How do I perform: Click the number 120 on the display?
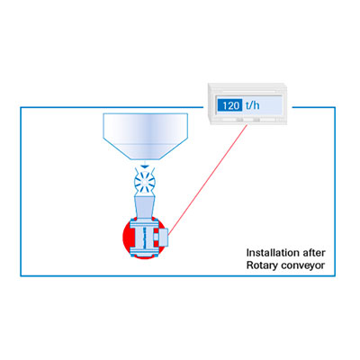click(231, 105)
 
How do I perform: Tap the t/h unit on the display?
click(252, 105)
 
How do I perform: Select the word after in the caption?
click(314, 253)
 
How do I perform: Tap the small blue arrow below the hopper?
click(145, 166)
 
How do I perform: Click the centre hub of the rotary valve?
click(144, 182)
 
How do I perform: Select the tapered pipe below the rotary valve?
click(145, 207)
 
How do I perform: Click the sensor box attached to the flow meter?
click(163, 238)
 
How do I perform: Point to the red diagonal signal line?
click(208, 179)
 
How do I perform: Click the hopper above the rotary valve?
click(146, 136)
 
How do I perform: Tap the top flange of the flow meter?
click(145, 223)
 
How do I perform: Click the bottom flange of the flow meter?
click(145, 251)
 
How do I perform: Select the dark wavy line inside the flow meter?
click(145, 238)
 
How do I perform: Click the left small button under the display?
click(239, 120)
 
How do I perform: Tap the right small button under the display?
click(256, 120)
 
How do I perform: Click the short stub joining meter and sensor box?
click(156, 238)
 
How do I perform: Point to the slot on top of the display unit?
click(247, 90)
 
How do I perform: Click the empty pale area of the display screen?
click(271, 105)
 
